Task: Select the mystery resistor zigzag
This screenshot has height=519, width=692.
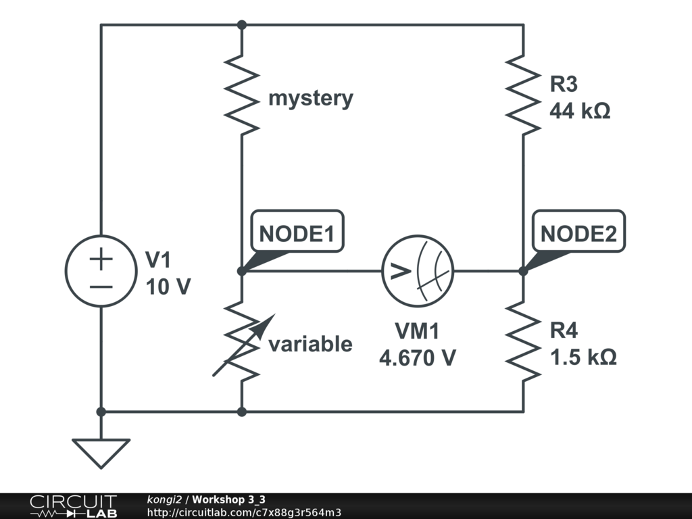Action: click(x=242, y=95)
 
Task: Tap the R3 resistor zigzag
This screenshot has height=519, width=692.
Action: click(x=523, y=95)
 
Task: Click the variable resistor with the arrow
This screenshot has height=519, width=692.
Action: click(x=242, y=341)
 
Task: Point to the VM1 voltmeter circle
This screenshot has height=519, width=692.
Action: click(x=417, y=272)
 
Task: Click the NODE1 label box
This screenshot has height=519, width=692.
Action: click(x=297, y=234)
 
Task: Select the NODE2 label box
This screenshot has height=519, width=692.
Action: click(x=578, y=234)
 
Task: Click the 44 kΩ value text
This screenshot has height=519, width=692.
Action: click(x=579, y=111)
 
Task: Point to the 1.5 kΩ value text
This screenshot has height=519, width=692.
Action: click(x=582, y=357)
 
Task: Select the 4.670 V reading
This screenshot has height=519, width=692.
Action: click(x=417, y=357)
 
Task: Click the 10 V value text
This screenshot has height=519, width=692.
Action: click(x=168, y=287)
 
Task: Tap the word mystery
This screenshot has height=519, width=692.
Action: click(x=311, y=99)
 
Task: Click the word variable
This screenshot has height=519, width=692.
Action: click(x=310, y=345)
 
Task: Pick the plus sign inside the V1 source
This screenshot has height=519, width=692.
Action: click(x=101, y=258)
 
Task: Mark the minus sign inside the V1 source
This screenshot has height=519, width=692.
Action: click(x=101, y=286)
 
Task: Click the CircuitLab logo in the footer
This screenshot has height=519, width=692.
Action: click(x=73, y=505)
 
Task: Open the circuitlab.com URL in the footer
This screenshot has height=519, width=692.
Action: click(x=244, y=512)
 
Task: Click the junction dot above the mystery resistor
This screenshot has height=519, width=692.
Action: click(x=242, y=25)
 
